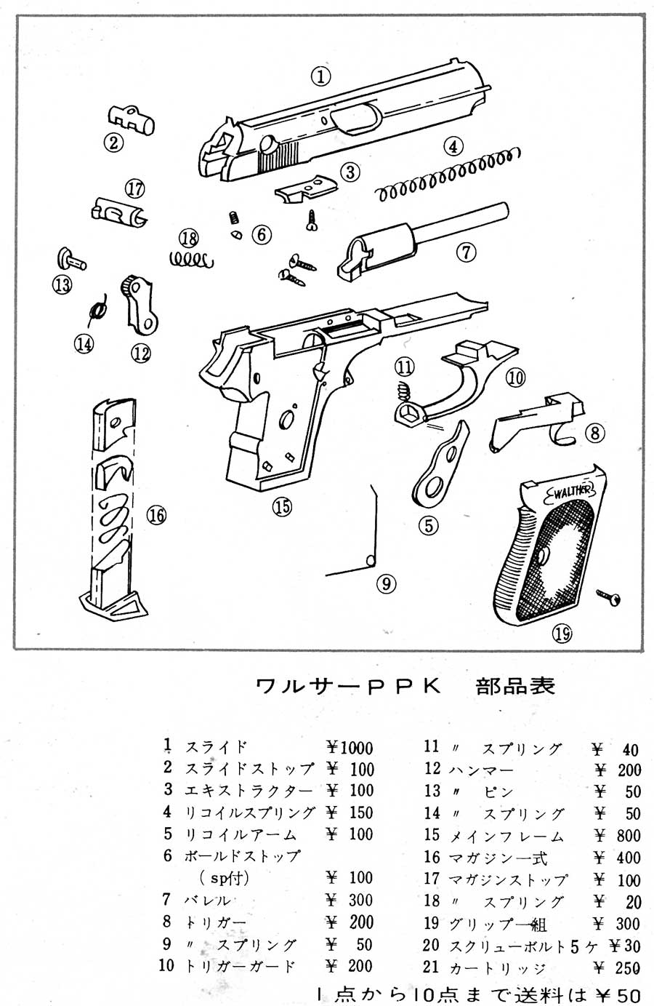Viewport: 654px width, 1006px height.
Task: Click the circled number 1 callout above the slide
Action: pos(321,76)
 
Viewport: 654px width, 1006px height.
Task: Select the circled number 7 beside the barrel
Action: pos(465,252)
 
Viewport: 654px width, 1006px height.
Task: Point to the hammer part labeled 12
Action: pos(140,306)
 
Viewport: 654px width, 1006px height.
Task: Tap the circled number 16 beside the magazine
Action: pos(156,515)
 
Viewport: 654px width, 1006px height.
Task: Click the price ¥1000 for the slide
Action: pos(350,748)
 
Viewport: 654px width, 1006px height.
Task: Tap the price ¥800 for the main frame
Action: pos(617,836)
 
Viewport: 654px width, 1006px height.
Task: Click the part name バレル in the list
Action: pos(207,901)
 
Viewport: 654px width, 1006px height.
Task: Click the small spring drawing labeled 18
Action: pos(190,258)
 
